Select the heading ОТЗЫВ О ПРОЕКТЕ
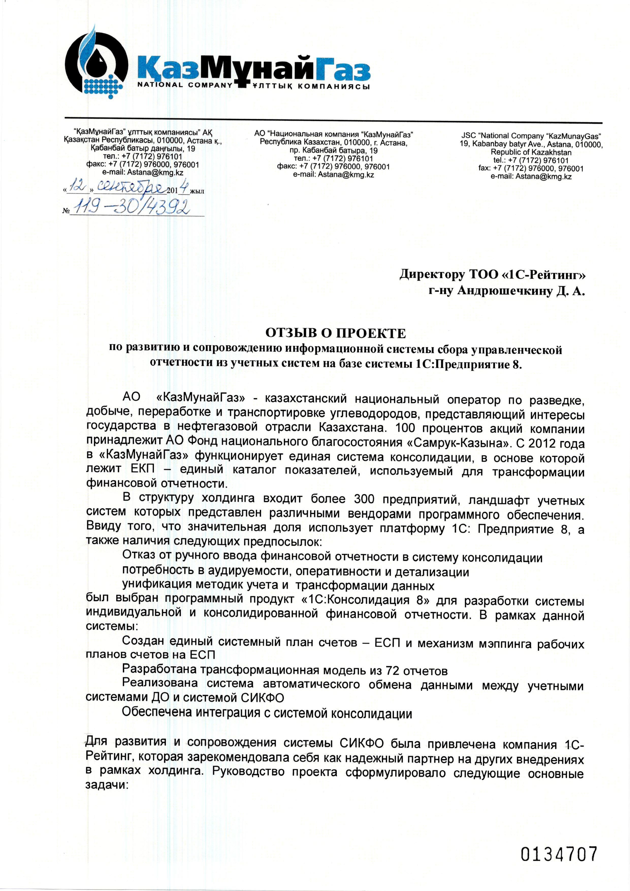[x=335, y=333]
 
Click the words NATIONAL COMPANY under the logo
[x=185, y=86]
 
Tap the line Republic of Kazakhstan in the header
[x=531, y=152]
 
